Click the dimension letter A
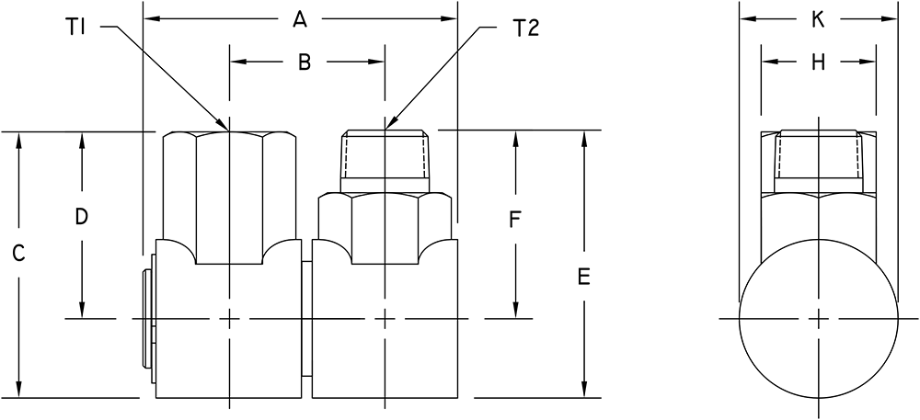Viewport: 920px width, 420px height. pyautogui.click(x=300, y=20)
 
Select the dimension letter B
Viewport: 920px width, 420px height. pyautogui.click(x=304, y=62)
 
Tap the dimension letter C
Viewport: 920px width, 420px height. pyautogui.click(x=18, y=253)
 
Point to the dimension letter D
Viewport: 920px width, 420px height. pyautogui.click(x=82, y=217)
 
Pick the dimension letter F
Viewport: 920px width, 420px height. pyautogui.click(x=514, y=221)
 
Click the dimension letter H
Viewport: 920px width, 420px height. pyautogui.click(x=818, y=62)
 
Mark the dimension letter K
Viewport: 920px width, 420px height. pyautogui.click(x=818, y=20)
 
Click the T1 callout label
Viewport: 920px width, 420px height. pyautogui.click(x=77, y=27)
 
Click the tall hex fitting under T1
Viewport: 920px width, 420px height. pyautogui.click(x=229, y=198)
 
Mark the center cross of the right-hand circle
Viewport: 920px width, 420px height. pyautogui.click(x=819, y=319)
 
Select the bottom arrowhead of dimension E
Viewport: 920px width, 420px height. pyautogui.click(x=584, y=390)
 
